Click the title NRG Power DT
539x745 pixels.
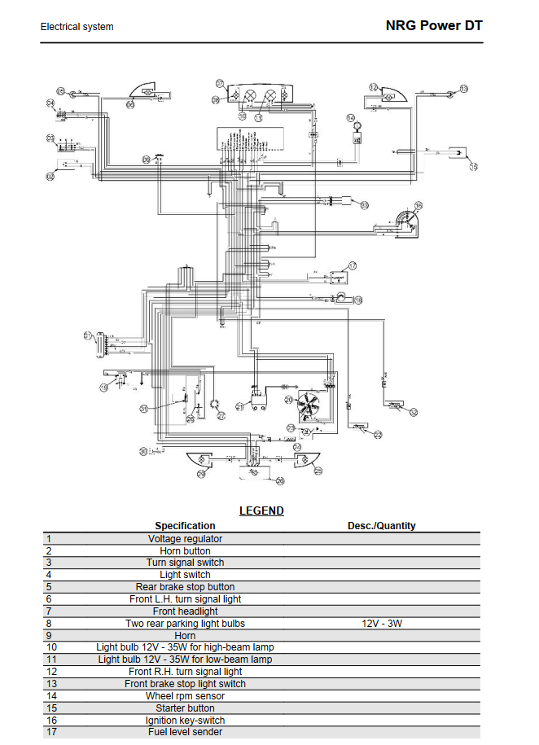click(x=434, y=25)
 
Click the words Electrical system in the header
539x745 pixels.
click(x=77, y=27)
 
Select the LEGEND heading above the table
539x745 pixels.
click(x=261, y=511)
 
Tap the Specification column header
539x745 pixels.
click(x=185, y=526)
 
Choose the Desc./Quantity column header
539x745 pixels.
click(x=381, y=526)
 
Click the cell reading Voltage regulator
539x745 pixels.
click(x=185, y=538)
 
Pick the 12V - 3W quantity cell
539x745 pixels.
click(x=381, y=624)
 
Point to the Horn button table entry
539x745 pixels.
click(x=185, y=550)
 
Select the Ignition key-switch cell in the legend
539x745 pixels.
click(x=185, y=721)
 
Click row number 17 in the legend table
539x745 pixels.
click(x=52, y=733)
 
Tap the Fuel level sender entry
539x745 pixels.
click(x=185, y=733)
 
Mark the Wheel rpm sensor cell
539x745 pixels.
click(x=185, y=696)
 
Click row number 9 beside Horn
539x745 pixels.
click(x=50, y=636)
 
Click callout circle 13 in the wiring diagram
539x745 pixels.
click(x=464, y=88)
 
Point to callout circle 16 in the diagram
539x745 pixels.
click(x=418, y=205)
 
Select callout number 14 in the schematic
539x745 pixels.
click(x=351, y=118)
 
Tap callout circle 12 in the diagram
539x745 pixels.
click(x=373, y=87)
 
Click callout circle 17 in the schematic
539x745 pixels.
click(x=353, y=265)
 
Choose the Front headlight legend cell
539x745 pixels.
click(x=185, y=611)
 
